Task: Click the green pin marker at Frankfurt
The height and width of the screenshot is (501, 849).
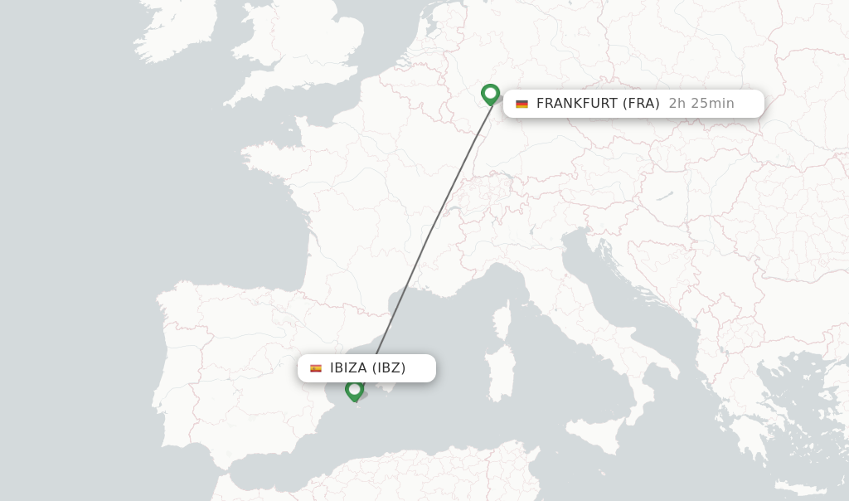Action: click(x=490, y=94)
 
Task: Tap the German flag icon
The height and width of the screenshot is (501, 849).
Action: click(x=522, y=104)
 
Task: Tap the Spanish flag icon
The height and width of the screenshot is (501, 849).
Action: click(x=316, y=368)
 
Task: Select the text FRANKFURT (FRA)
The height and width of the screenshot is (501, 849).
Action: click(x=598, y=104)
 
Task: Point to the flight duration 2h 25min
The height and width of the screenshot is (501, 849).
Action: click(x=701, y=104)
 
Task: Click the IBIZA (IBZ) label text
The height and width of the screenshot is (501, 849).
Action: click(x=367, y=368)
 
